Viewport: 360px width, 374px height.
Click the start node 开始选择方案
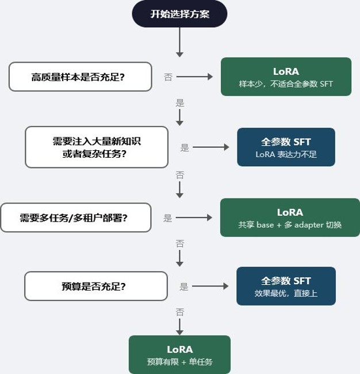click(179, 14)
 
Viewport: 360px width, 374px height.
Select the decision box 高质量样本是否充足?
click(81, 77)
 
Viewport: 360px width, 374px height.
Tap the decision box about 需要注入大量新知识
click(97, 147)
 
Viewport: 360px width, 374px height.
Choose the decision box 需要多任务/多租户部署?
click(76, 217)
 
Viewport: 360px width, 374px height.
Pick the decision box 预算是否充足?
click(96, 286)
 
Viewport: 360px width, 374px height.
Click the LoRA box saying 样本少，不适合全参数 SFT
click(286, 77)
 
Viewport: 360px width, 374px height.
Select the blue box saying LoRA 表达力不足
click(286, 147)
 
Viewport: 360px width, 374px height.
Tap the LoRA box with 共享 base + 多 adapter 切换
click(290, 217)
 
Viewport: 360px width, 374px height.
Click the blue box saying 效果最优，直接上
click(286, 286)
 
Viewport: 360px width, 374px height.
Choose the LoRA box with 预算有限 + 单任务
click(179, 354)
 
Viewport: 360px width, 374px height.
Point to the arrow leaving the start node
click(179, 42)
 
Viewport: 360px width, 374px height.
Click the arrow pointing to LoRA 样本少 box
click(194, 77)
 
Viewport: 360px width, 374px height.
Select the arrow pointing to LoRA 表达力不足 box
click(210, 147)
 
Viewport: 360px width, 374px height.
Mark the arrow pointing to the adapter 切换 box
click(194, 217)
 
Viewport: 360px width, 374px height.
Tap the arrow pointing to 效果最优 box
click(210, 286)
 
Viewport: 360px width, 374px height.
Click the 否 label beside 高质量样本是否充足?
click(168, 77)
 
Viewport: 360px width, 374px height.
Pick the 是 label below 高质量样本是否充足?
click(180, 103)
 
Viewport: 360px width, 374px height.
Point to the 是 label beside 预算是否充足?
click(184, 286)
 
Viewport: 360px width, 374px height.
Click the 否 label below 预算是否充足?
click(180, 312)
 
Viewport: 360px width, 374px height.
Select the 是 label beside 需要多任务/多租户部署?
click(167, 217)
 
